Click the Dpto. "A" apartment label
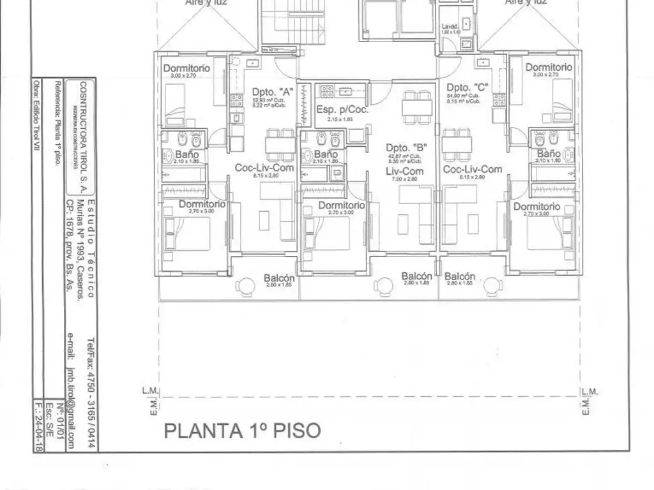pos(268,91)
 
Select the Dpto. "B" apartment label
pos(406,147)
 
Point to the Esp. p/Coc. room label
pos(342,110)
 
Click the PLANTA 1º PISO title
pos(243,430)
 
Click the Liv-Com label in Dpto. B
pos(404,171)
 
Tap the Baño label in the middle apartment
pos(326,154)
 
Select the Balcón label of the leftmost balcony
pos(279,278)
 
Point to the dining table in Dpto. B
pos(416,106)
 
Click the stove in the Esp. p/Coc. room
pos(328,91)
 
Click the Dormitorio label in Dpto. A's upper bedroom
pos(186,68)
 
